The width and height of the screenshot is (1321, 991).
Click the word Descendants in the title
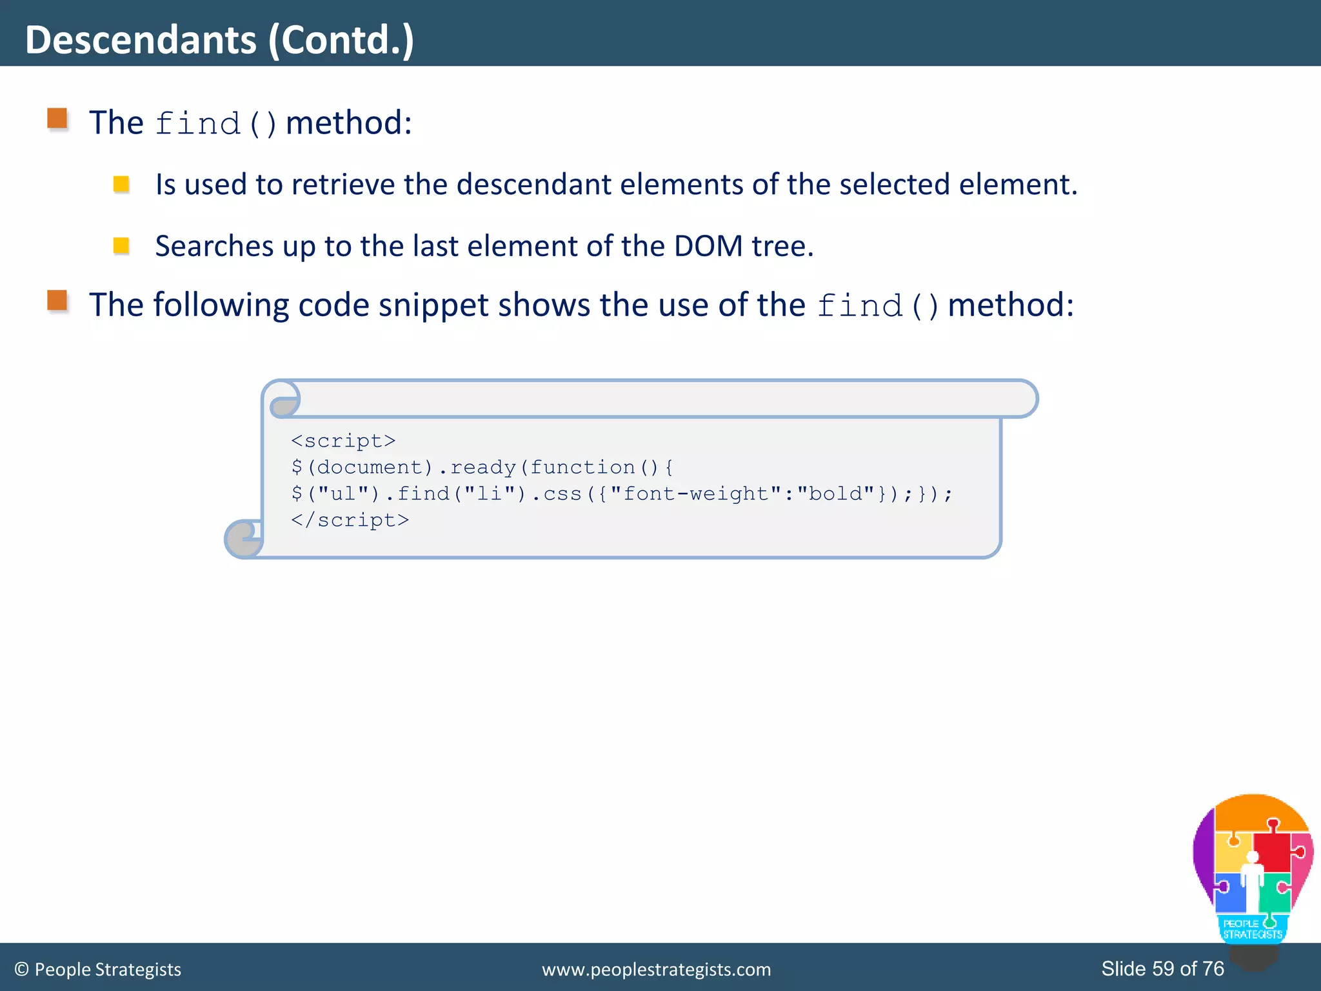point(141,40)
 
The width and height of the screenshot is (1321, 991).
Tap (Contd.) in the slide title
point(341,40)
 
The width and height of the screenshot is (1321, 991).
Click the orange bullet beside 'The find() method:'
point(57,119)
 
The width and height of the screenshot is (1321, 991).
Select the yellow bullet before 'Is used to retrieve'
point(121,185)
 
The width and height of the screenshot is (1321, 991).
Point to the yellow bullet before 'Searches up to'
point(121,246)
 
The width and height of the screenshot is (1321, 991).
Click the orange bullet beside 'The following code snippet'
point(57,301)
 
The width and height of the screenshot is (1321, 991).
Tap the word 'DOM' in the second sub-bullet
point(708,246)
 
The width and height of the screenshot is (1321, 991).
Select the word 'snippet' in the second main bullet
point(433,305)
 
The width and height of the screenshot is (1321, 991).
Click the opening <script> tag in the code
point(343,441)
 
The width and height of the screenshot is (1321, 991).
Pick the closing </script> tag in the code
point(350,520)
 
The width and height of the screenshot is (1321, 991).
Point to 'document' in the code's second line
point(370,467)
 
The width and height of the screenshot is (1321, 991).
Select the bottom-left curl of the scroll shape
point(244,538)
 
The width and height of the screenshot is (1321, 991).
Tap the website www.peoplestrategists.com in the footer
point(656,970)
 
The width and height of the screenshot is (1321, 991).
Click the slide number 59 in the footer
point(1163,968)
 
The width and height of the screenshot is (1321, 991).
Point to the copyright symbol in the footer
point(21,970)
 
